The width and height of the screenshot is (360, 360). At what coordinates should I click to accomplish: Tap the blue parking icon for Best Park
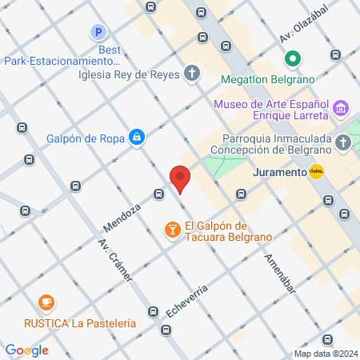click(x=98, y=33)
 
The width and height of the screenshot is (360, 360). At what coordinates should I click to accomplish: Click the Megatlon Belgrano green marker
click(x=293, y=58)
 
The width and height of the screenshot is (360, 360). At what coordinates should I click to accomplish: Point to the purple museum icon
click(x=341, y=107)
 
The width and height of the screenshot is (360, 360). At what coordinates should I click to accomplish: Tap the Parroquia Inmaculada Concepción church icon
click(x=343, y=142)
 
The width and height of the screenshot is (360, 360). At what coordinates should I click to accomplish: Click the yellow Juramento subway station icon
click(x=316, y=171)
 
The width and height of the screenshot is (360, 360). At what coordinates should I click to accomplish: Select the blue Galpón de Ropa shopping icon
click(x=138, y=138)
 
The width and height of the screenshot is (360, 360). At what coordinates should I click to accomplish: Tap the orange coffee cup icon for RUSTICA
click(x=46, y=303)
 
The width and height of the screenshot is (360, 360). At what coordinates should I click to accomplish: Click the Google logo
click(x=27, y=350)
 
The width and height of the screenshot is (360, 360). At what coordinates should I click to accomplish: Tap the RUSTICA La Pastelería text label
click(x=79, y=323)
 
